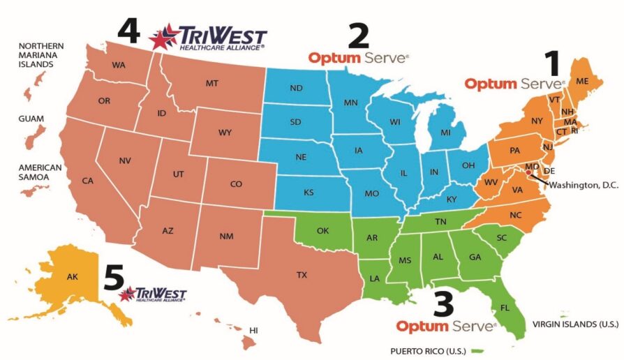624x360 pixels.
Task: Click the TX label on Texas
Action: pos(302,275)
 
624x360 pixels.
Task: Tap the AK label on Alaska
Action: pos(73,276)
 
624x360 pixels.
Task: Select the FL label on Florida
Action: pos(504,306)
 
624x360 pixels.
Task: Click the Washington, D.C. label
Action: pos(581,185)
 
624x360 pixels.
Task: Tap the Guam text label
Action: pos(31,119)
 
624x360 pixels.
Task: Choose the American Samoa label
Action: pos(40,173)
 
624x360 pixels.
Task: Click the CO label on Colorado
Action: pos(236,184)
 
